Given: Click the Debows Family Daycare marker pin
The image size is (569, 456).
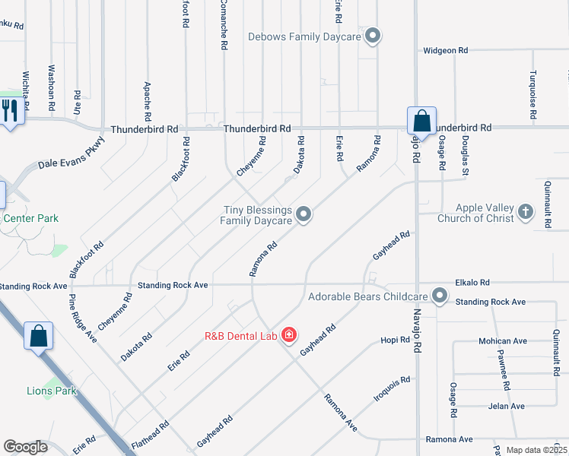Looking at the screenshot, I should (373, 36).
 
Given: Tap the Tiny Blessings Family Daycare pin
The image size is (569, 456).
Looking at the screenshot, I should (304, 215).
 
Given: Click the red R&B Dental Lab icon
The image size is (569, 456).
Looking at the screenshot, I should (289, 335).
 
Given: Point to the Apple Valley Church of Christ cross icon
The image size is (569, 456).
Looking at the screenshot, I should (526, 212).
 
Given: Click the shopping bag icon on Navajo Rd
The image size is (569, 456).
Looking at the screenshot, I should (421, 121).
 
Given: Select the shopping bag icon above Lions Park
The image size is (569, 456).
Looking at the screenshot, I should (38, 337).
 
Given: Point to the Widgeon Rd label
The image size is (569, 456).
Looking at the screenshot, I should (446, 51).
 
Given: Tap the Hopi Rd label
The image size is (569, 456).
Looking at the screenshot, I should (395, 340).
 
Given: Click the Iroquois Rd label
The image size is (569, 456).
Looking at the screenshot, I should (393, 389).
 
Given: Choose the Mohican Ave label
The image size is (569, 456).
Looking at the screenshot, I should (503, 341).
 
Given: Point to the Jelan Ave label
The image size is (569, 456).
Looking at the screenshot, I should (507, 407).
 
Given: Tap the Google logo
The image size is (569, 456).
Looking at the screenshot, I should (25, 447).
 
